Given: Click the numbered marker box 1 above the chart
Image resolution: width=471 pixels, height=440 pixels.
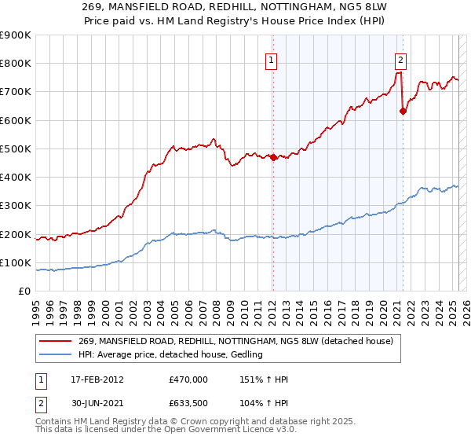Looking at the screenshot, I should point(271,59).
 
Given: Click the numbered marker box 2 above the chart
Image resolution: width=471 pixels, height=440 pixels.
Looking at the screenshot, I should point(400,59).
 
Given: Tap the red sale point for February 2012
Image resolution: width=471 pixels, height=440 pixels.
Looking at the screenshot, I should point(273,157).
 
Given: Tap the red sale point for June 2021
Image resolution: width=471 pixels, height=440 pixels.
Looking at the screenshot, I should point(403,111).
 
